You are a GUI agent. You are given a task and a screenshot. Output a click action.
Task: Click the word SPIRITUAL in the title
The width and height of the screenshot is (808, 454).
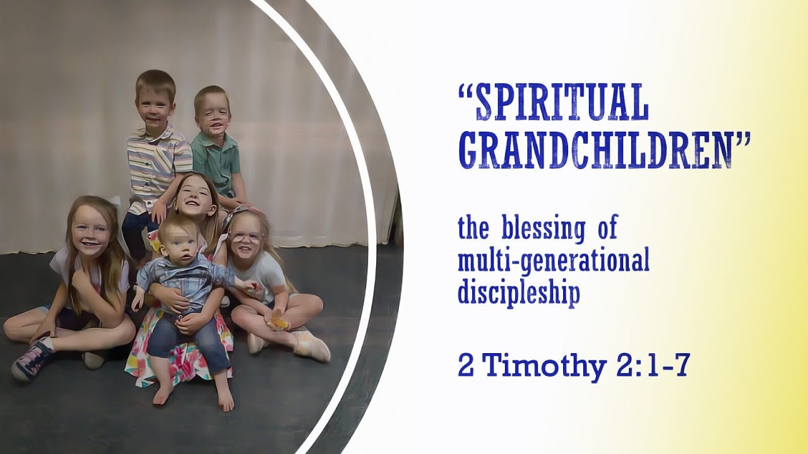click(562, 102)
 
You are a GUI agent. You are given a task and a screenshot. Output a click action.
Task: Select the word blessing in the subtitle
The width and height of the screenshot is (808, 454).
click(543, 228)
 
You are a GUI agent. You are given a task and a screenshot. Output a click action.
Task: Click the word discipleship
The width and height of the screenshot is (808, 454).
click(518, 293)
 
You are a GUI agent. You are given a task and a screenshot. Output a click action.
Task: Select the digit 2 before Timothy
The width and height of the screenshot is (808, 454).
click(466, 366)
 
